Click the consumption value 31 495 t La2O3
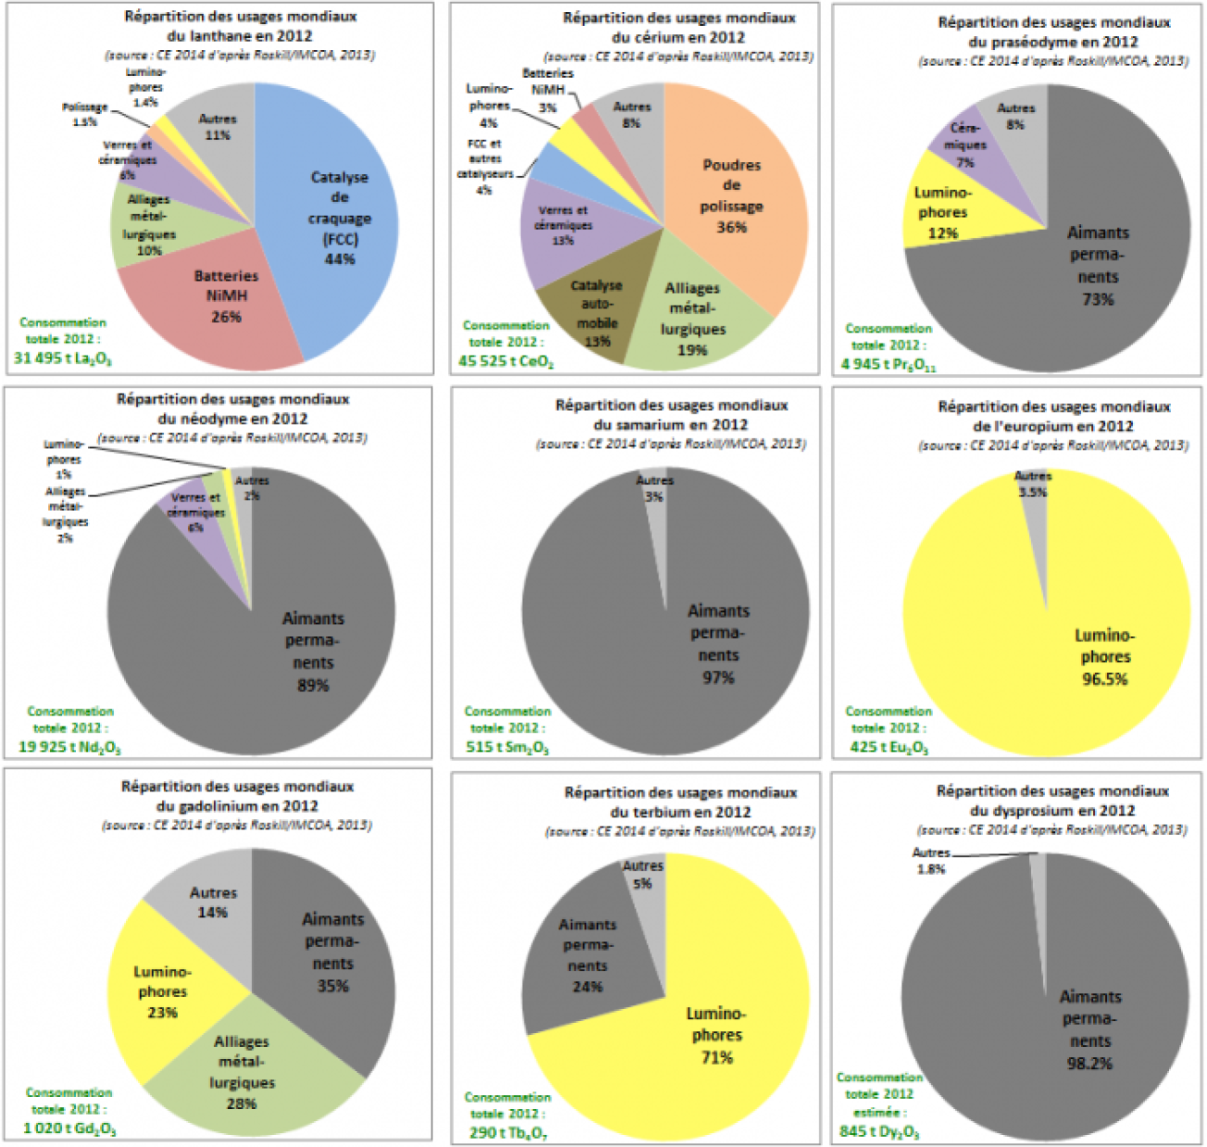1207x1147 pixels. [63, 358]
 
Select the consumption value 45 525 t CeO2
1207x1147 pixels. [505, 361]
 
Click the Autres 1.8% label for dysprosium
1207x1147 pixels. [930, 861]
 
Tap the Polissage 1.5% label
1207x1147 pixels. [83, 114]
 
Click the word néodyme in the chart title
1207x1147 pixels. [218, 418]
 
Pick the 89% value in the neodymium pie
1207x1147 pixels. [313, 686]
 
